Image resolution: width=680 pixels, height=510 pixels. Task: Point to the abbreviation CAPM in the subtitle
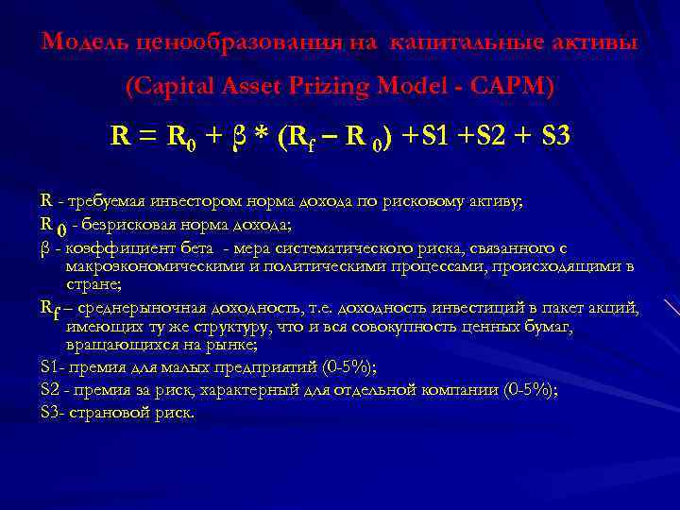[515, 87]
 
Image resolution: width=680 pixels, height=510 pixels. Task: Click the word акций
[618, 308]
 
